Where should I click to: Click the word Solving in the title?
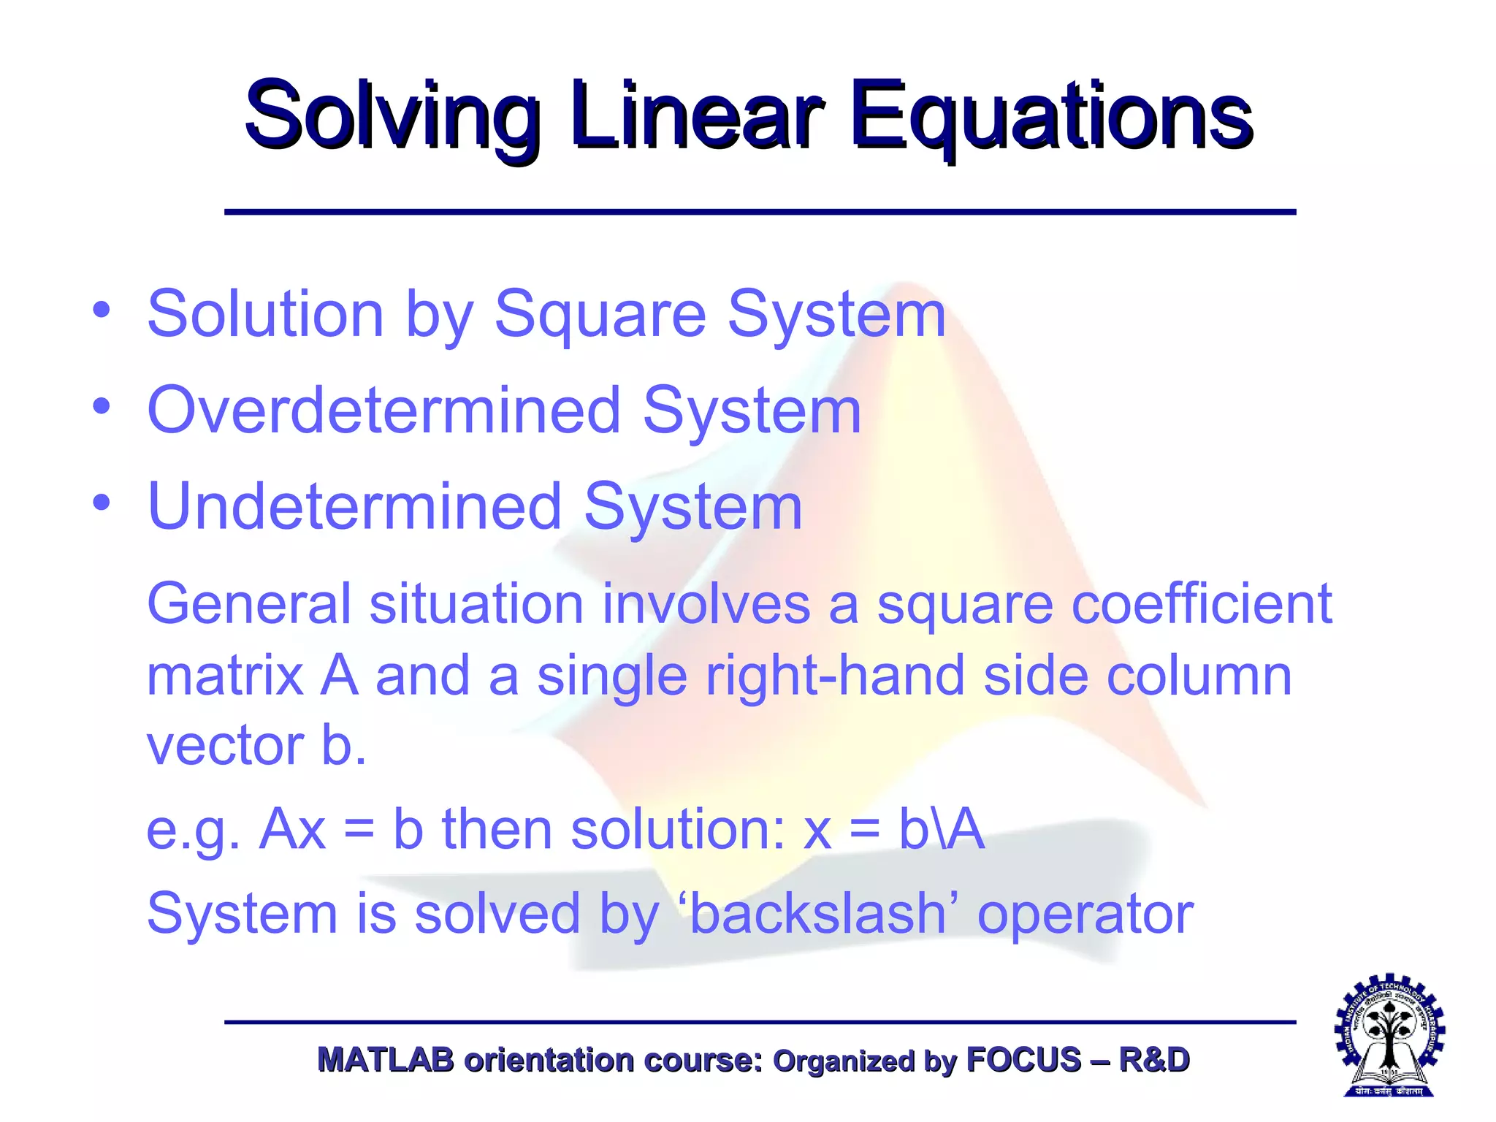(392, 117)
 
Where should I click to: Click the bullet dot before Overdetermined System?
(102, 406)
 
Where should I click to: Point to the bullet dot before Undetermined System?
(102, 503)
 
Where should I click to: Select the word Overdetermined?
(384, 411)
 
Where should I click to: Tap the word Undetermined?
(355, 507)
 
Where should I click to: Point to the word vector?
(225, 747)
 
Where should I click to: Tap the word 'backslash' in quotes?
(819, 914)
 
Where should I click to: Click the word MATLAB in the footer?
(386, 1060)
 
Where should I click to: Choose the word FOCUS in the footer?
(1023, 1060)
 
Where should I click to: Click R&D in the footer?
(1154, 1060)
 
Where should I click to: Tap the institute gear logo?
(1389, 1036)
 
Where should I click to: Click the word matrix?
(225, 676)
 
